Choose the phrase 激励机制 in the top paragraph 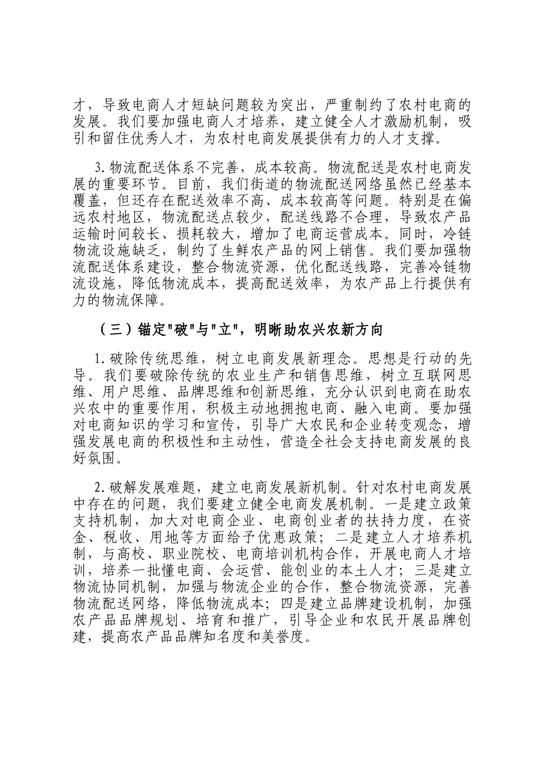pos(421,121)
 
